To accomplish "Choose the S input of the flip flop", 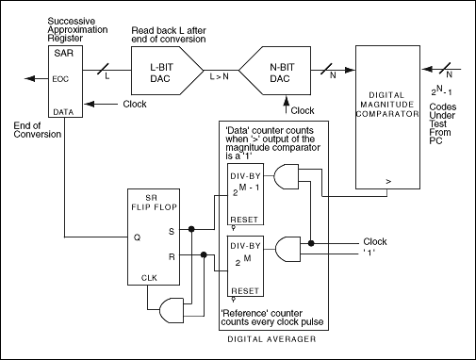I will [171, 229].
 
